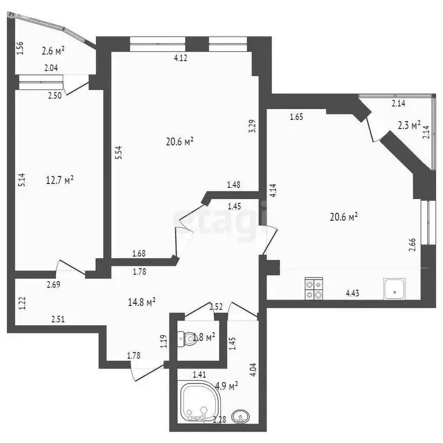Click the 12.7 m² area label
tap(60, 181)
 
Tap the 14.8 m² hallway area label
tap(142, 301)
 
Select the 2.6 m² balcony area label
tap(53, 51)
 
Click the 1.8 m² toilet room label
tap(204, 336)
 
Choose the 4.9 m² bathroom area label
tap(226, 385)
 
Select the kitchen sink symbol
tap(394, 288)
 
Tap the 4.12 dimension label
tap(182, 58)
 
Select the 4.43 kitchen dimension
tap(354, 293)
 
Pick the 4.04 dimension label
tap(251, 369)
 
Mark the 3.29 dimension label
tap(251, 126)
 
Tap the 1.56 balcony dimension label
tap(21, 49)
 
